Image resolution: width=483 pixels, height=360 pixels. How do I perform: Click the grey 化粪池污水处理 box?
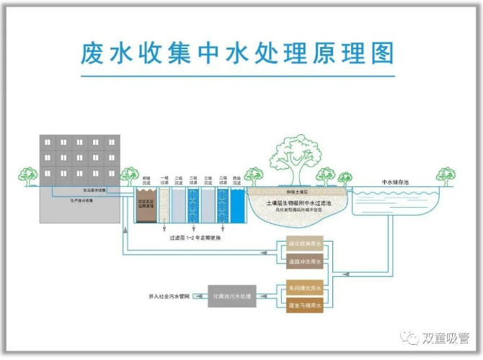pos(230,296)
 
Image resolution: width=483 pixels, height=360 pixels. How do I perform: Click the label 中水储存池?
pos(395,182)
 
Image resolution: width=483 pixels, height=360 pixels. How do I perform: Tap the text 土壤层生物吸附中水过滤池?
pos(298,204)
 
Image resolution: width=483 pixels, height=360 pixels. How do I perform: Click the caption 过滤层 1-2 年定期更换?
pos(196,237)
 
